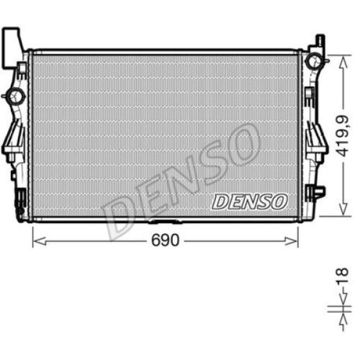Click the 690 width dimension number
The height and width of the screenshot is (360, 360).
(166, 241)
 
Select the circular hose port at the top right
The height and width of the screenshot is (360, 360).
(313, 61)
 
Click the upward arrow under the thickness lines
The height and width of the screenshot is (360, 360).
(342, 321)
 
